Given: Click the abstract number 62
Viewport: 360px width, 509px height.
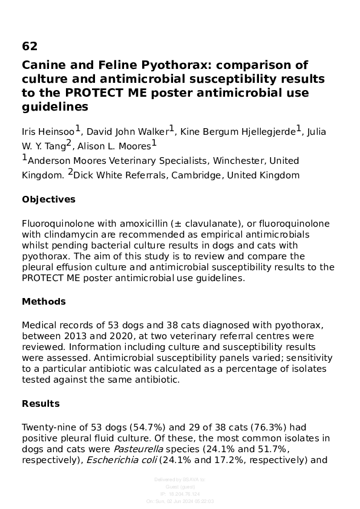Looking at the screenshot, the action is (x=30, y=47).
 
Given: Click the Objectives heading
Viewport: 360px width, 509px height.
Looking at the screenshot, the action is (x=48, y=199).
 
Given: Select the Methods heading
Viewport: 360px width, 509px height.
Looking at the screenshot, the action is (x=44, y=302).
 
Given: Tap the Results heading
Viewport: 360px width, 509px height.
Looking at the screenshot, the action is (x=41, y=404).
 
